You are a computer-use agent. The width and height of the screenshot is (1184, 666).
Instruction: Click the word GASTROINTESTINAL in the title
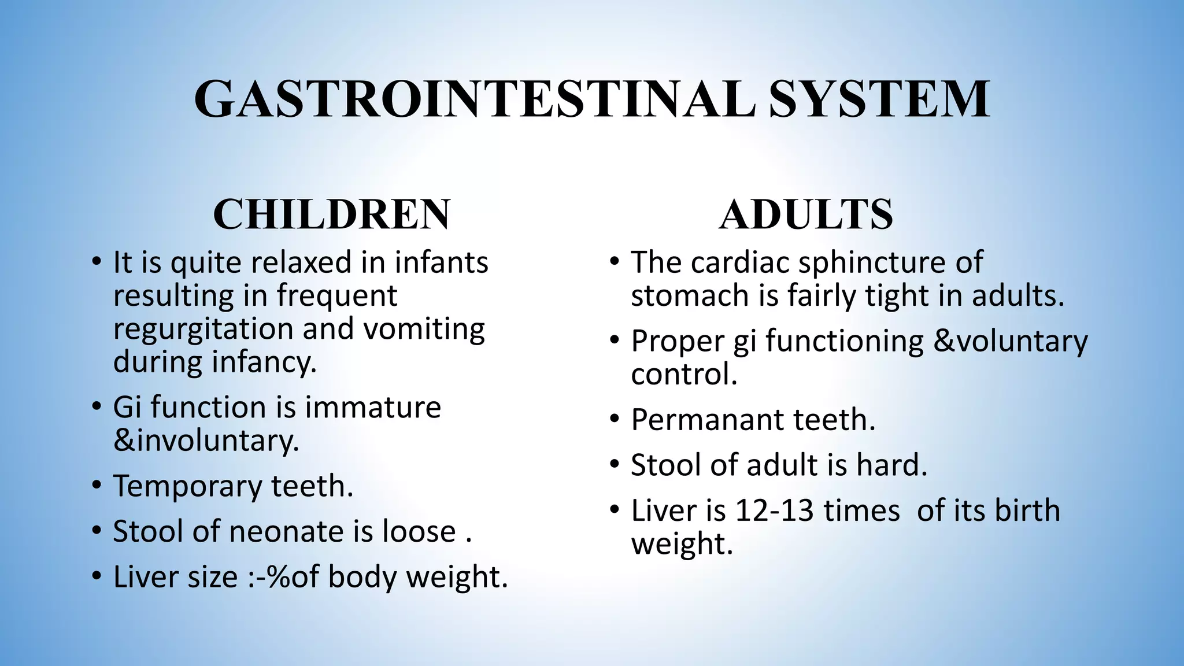coord(474,99)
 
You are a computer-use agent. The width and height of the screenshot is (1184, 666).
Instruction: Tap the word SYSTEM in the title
coord(879,99)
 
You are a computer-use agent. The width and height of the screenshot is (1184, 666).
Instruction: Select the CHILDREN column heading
coord(331,214)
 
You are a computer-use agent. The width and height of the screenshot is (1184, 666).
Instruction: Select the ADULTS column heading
coord(806,214)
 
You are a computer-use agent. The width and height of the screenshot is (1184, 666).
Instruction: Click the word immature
coord(373,406)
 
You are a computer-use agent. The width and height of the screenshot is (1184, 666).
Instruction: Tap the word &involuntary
coord(206,441)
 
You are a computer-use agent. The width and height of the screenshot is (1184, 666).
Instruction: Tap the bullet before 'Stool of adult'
coord(615,464)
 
